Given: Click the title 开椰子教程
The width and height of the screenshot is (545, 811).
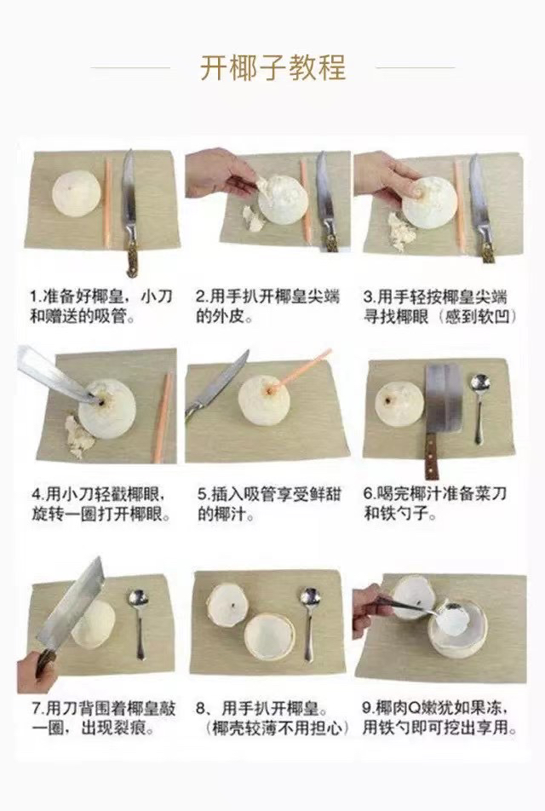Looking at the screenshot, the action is coord(272,67).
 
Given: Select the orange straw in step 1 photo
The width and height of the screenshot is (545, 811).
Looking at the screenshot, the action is coord(108,203).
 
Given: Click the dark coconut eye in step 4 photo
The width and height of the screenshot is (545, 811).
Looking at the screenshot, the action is coord(101,400).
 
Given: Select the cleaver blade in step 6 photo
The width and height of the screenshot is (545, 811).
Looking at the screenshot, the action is coord(442,399).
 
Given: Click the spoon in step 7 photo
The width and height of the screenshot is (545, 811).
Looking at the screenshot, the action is coord(139,624).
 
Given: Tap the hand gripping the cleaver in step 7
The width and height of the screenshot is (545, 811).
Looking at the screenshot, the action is coord(37,671).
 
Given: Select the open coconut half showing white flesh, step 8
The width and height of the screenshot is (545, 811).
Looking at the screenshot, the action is coord(269,637).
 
